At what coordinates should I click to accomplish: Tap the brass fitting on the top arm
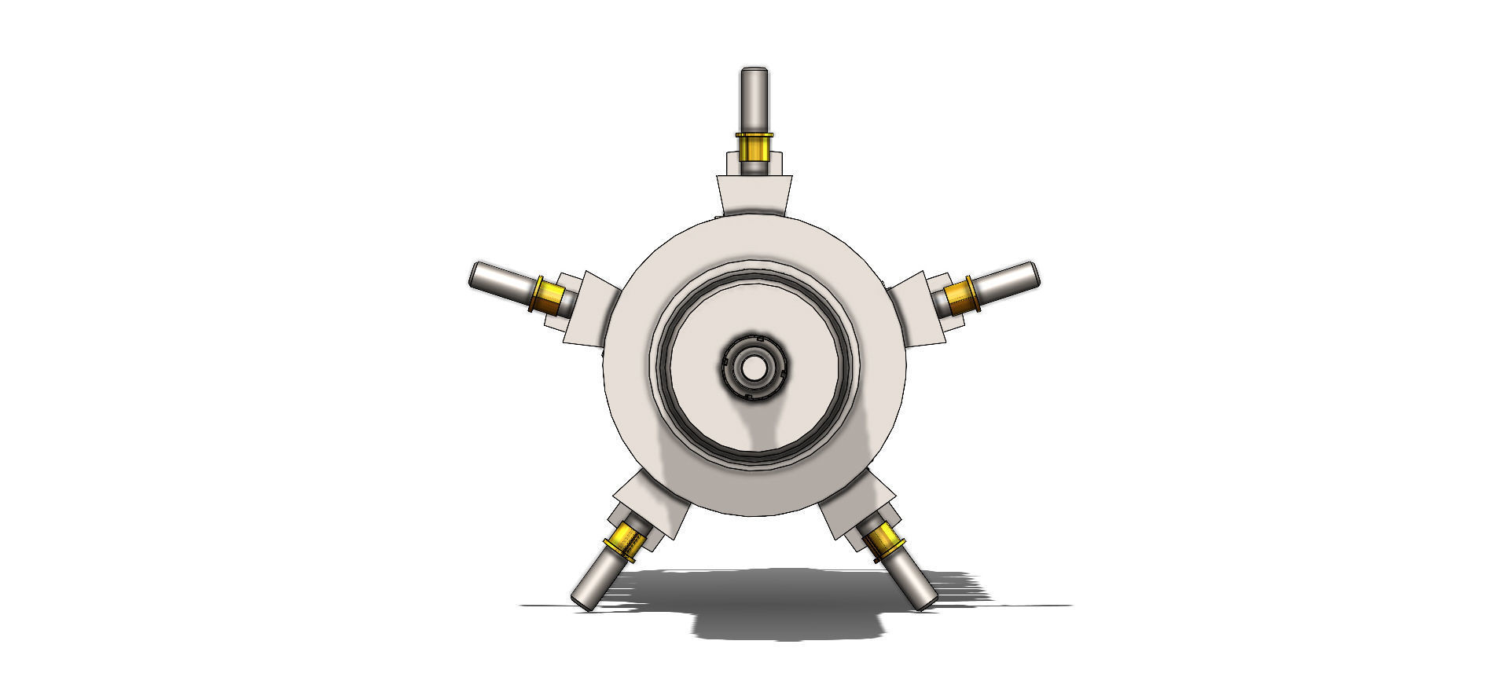(x=754, y=147)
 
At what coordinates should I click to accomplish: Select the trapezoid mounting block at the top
(x=754, y=195)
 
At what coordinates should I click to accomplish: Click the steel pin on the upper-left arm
(x=501, y=280)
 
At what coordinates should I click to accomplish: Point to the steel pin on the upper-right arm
(x=1008, y=280)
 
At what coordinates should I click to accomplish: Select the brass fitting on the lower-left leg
(x=625, y=541)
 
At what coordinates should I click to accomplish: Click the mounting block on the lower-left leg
(x=651, y=504)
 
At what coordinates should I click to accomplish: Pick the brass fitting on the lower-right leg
(x=885, y=541)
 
